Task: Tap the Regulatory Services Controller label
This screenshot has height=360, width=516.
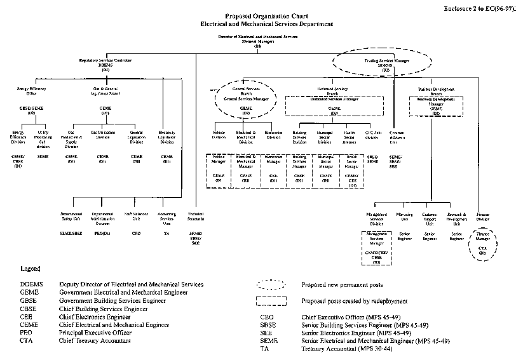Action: point(105,62)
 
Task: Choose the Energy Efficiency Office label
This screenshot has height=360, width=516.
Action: point(31,91)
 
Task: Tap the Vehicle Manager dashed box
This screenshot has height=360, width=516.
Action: point(219,170)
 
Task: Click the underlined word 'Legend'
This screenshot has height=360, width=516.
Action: point(30,270)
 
